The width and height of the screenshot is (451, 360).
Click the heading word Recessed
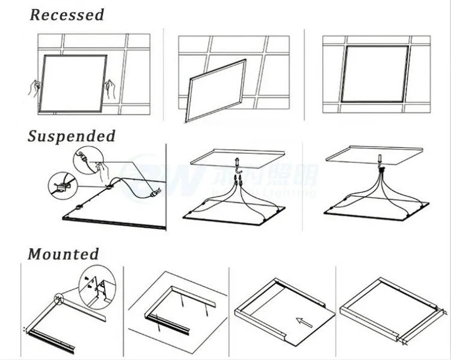pyautogui.click(x=67, y=14)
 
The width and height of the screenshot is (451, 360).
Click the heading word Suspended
pyautogui.click(x=71, y=136)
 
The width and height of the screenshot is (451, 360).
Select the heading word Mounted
pyautogui.click(x=63, y=254)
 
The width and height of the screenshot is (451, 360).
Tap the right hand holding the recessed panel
pyautogui.click(x=110, y=88)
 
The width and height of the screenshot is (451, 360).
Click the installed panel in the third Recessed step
pyautogui.click(x=375, y=73)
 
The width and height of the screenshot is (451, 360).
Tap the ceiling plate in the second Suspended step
pyautogui.click(x=238, y=158)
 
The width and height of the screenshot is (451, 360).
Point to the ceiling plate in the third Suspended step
pyautogui.click(x=375, y=153)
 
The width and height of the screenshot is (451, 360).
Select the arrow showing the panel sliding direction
pyautogui.click(x=304, y=323)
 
